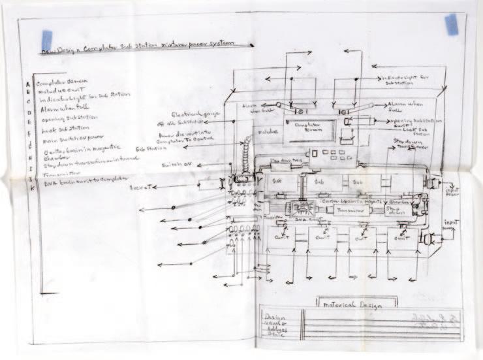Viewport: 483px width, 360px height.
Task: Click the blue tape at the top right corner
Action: pyautogui.click(x=451, y=24)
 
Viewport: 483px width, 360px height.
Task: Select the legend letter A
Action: pyautogui.click(x=27, y=83)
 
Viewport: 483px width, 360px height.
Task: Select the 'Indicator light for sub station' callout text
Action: pyautogui.click(x=405, y=80)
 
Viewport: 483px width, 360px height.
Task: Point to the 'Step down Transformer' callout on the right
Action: pyautogui.click(x=411, y=145)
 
